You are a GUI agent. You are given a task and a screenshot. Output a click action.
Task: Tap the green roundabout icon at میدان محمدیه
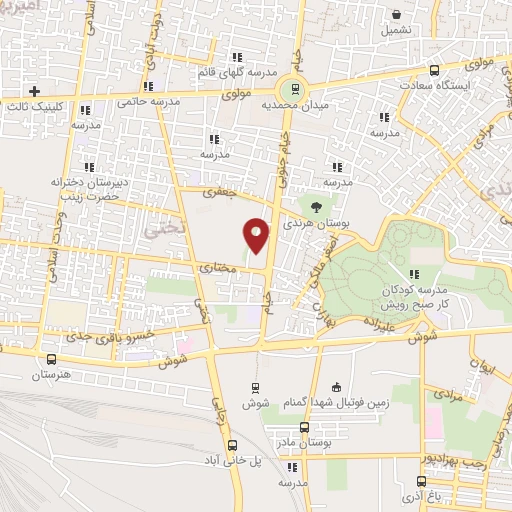tap(292, 88)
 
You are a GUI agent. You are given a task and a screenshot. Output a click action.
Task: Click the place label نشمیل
tap(397, 30)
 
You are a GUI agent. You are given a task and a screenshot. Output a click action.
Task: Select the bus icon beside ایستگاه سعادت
tap(433, 71)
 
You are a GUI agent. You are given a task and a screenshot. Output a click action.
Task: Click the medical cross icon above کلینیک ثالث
tap(35, 90)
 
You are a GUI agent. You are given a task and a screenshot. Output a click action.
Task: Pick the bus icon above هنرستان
tap(52, 358)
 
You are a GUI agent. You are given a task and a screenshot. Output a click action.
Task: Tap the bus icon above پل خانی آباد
tap(233, 446)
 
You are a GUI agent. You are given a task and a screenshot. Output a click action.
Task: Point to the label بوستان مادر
tap(307, 441)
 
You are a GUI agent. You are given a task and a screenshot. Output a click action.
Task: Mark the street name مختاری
tap(218, 267)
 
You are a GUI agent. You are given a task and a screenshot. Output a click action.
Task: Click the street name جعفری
tap(213, 189)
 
